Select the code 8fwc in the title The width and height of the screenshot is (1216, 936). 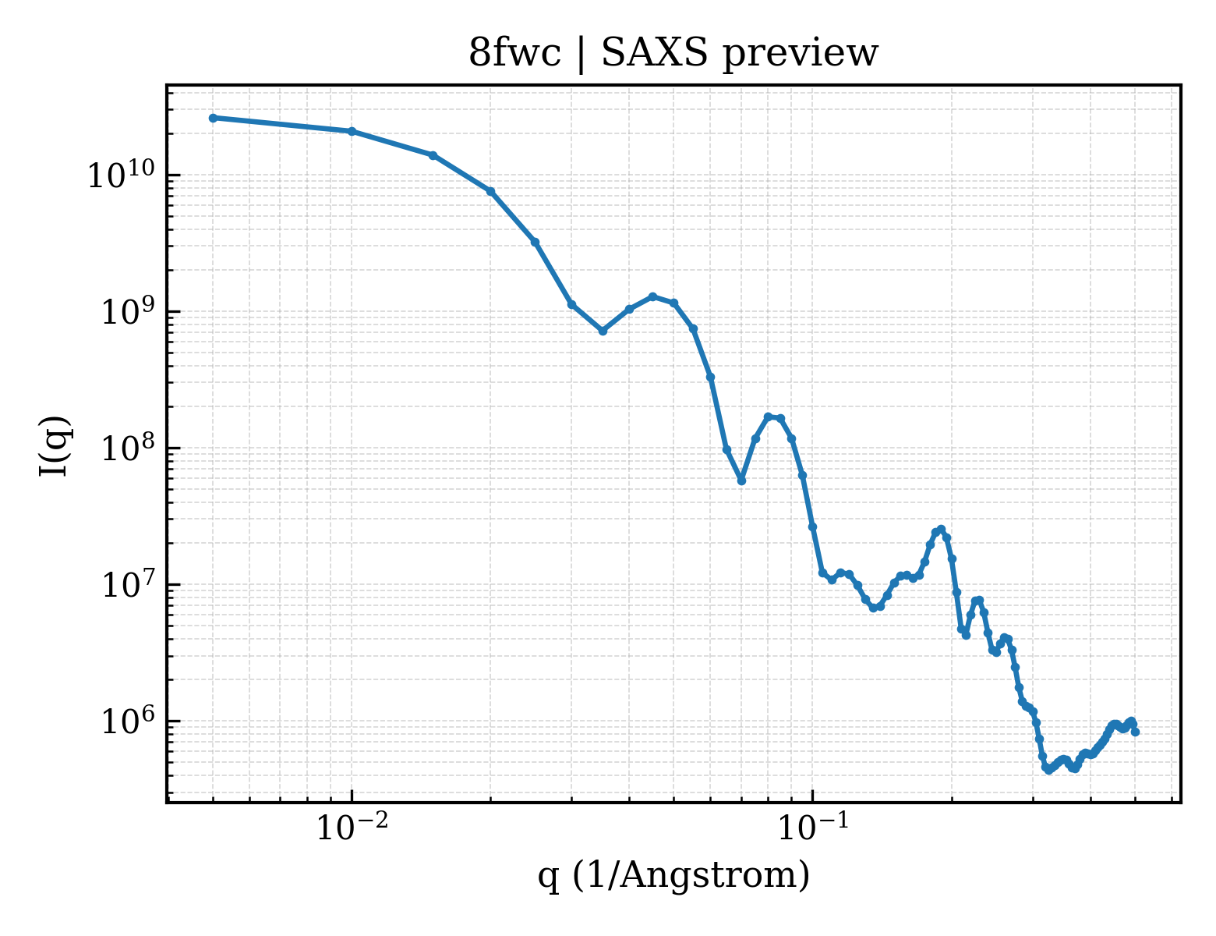514,54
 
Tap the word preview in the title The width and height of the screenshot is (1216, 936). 801,56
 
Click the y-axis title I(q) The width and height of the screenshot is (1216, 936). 55,445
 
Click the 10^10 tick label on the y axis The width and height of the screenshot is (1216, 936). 120,175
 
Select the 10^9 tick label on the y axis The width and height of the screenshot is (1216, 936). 127,311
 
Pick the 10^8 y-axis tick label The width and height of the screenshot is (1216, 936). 127,448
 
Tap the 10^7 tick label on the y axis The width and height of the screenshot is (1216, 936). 127,584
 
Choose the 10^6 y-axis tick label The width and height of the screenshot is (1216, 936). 127,721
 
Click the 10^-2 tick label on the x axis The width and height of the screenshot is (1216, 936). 352,826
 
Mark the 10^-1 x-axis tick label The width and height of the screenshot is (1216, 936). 813,826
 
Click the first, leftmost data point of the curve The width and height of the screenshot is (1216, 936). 214,118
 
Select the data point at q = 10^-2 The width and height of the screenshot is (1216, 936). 352,132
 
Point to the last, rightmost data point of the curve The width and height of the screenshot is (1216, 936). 1136,732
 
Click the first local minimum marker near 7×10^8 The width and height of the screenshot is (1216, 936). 603,331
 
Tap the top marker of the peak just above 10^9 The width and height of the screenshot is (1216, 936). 652,296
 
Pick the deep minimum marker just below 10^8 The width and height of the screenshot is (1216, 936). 741,481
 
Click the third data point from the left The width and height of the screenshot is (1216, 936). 433,155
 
